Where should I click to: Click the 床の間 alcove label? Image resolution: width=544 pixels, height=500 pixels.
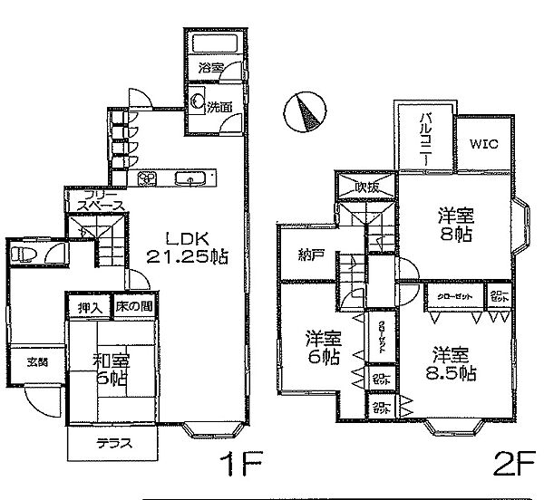point(132,308)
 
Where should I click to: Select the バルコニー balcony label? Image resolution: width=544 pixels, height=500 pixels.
point(424,139)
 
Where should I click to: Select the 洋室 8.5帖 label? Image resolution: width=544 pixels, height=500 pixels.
point(450,362)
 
